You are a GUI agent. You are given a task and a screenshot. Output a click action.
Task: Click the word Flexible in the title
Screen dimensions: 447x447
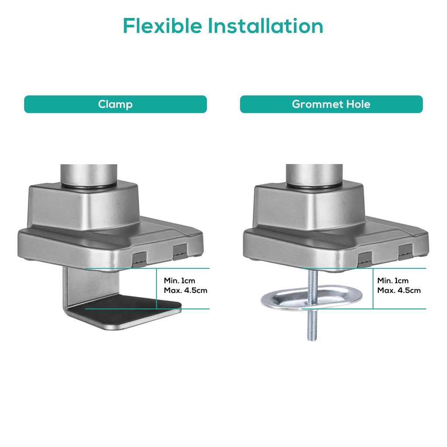(162, 26)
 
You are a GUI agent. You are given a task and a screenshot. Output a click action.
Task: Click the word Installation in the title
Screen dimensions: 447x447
(265, 26)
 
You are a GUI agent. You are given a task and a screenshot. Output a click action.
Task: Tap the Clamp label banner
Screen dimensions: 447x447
(115, 104)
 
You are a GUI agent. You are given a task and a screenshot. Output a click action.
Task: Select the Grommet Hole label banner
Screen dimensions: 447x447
(331, 104)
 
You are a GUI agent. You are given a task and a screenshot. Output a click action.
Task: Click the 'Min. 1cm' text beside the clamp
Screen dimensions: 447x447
(179, 281)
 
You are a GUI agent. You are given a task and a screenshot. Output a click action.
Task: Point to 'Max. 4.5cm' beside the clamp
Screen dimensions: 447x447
(186, 290)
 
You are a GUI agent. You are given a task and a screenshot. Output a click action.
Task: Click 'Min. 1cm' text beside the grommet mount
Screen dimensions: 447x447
(393, 281)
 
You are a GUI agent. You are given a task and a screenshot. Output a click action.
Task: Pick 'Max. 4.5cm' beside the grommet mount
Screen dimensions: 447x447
(399, 290)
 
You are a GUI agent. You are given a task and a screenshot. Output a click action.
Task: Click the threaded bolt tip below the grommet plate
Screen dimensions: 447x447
(312, 338)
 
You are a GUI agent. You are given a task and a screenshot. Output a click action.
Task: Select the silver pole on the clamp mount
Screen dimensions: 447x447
(89, 175)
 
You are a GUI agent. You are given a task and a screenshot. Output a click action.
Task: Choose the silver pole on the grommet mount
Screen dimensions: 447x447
(314, 175)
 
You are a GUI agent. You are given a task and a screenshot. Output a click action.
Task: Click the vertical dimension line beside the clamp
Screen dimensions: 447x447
(157, 289)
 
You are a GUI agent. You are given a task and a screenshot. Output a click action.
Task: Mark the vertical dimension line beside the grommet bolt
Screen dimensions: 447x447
(373, 289)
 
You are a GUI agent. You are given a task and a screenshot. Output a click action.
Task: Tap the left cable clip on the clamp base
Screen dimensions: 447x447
(139, 259)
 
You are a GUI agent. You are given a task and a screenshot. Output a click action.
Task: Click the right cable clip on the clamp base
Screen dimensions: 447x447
(180, 252)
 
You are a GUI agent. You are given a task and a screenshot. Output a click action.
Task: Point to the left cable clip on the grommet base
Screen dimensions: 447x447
(364, 259)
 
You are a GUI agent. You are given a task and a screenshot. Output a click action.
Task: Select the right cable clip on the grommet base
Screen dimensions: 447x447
(406, 252)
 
